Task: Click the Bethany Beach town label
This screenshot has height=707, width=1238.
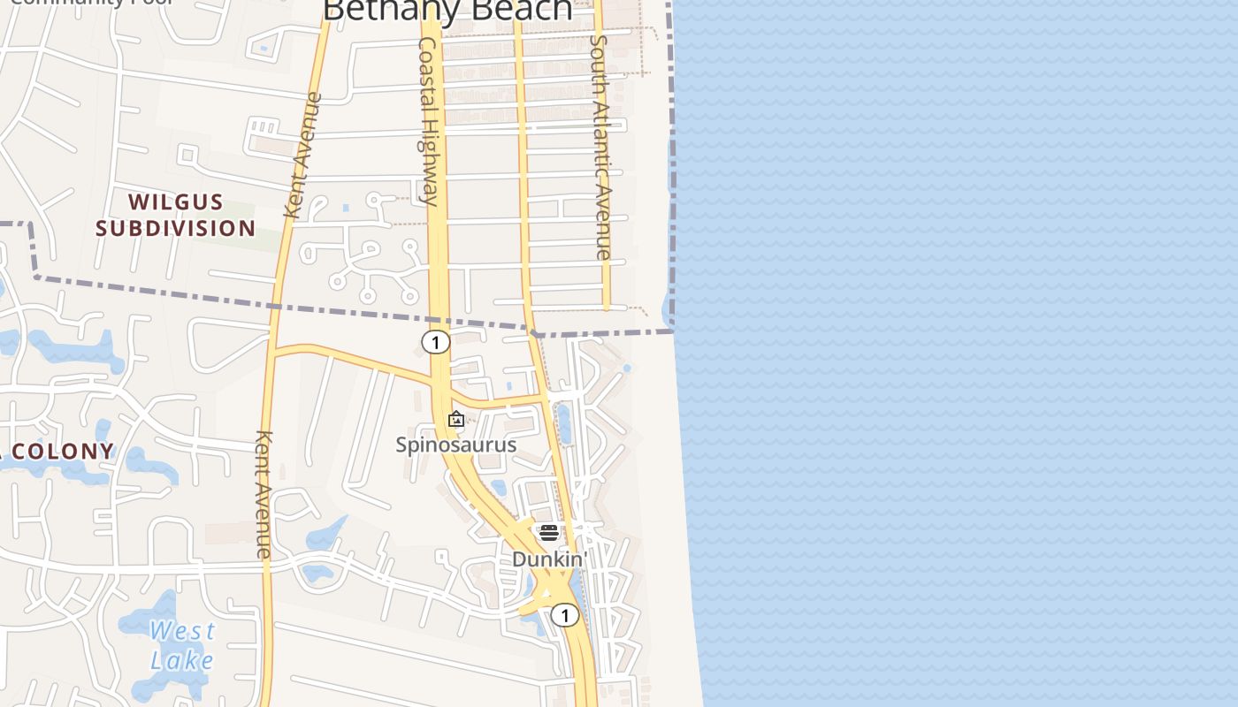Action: coord(447,10)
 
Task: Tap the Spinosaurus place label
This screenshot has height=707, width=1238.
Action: coord(455,444)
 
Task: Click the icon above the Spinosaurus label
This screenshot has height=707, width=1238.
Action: coord(456,419)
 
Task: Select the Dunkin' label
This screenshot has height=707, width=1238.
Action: coord(549,559)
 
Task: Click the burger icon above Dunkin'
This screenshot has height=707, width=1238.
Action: coord(549,533)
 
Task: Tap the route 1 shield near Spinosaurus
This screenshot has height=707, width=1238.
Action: coord(435,341)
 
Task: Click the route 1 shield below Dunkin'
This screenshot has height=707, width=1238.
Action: coord(565,615)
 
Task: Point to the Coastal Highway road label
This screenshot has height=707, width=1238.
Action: coord(429,121)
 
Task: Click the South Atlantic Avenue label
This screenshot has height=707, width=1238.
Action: coord(600,147)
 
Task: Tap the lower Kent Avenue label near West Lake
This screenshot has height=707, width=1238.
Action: coord(264,494)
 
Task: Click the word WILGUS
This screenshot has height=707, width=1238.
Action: coord(175,202)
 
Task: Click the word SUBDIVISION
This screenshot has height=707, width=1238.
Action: coord(175,229)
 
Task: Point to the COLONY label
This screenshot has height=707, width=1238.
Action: coord(63,452)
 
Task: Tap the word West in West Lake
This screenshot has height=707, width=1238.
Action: coord(182,631)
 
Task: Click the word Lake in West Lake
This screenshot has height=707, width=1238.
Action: coord(182,660)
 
